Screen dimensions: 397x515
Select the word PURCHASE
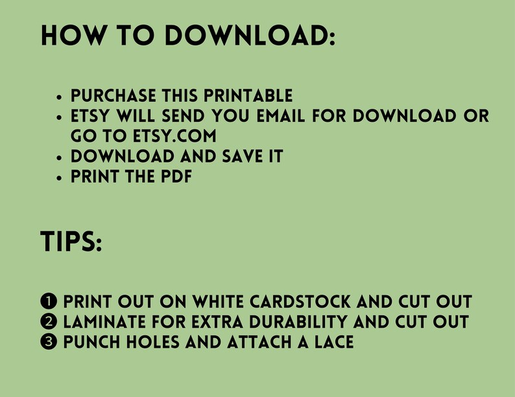114,96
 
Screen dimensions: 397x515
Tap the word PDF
175,176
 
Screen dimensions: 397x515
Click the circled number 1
49,302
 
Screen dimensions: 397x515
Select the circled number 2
49,322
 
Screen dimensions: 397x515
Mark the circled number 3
49,342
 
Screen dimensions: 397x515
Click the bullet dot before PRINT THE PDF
60,177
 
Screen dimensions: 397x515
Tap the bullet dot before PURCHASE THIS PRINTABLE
60,97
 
